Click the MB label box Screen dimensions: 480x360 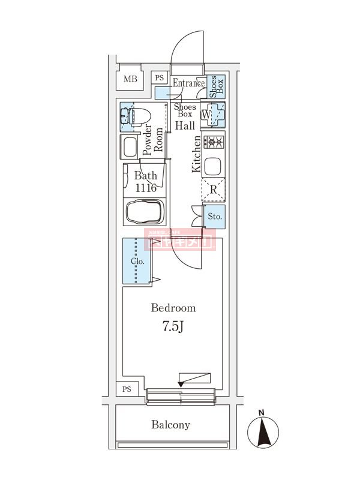pos(130,79)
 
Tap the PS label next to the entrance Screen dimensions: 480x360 pos(160,78)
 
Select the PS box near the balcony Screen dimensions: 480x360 pos(127,389)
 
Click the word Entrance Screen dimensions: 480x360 pos(188,83)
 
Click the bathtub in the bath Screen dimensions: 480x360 pos(143,212)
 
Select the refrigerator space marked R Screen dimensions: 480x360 pos(213,191)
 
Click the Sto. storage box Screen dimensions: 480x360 pos(214,216)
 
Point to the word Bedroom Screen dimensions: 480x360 pos(173,308)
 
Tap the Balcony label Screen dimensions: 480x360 pos(170,425)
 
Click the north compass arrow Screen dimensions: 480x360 pos(262,431)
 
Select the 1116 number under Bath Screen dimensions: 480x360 pos(145,188)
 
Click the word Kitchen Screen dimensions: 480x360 pos(196,154)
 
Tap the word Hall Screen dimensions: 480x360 pos(184,125)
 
